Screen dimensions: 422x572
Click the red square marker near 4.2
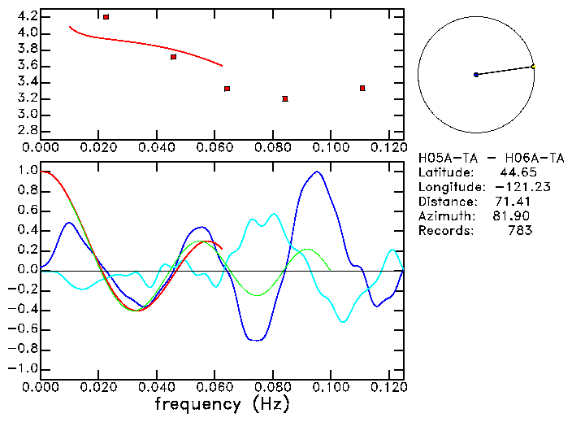(106, 16)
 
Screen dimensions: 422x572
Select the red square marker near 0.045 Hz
(173, 57)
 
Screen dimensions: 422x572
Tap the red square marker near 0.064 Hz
(227, 89)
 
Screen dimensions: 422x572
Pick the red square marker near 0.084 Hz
(285, 98)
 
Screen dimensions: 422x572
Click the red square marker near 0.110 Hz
(362, 88)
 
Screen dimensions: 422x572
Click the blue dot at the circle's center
(476, 75)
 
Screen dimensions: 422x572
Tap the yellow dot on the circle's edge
(533, 66)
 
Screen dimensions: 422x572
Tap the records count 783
(519, 230)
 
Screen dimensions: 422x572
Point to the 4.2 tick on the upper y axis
(26, 16)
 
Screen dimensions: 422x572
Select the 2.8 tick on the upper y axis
(26, 131)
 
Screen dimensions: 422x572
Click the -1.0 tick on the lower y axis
(23, 368)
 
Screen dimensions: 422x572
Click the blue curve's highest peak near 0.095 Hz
(317, 172)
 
